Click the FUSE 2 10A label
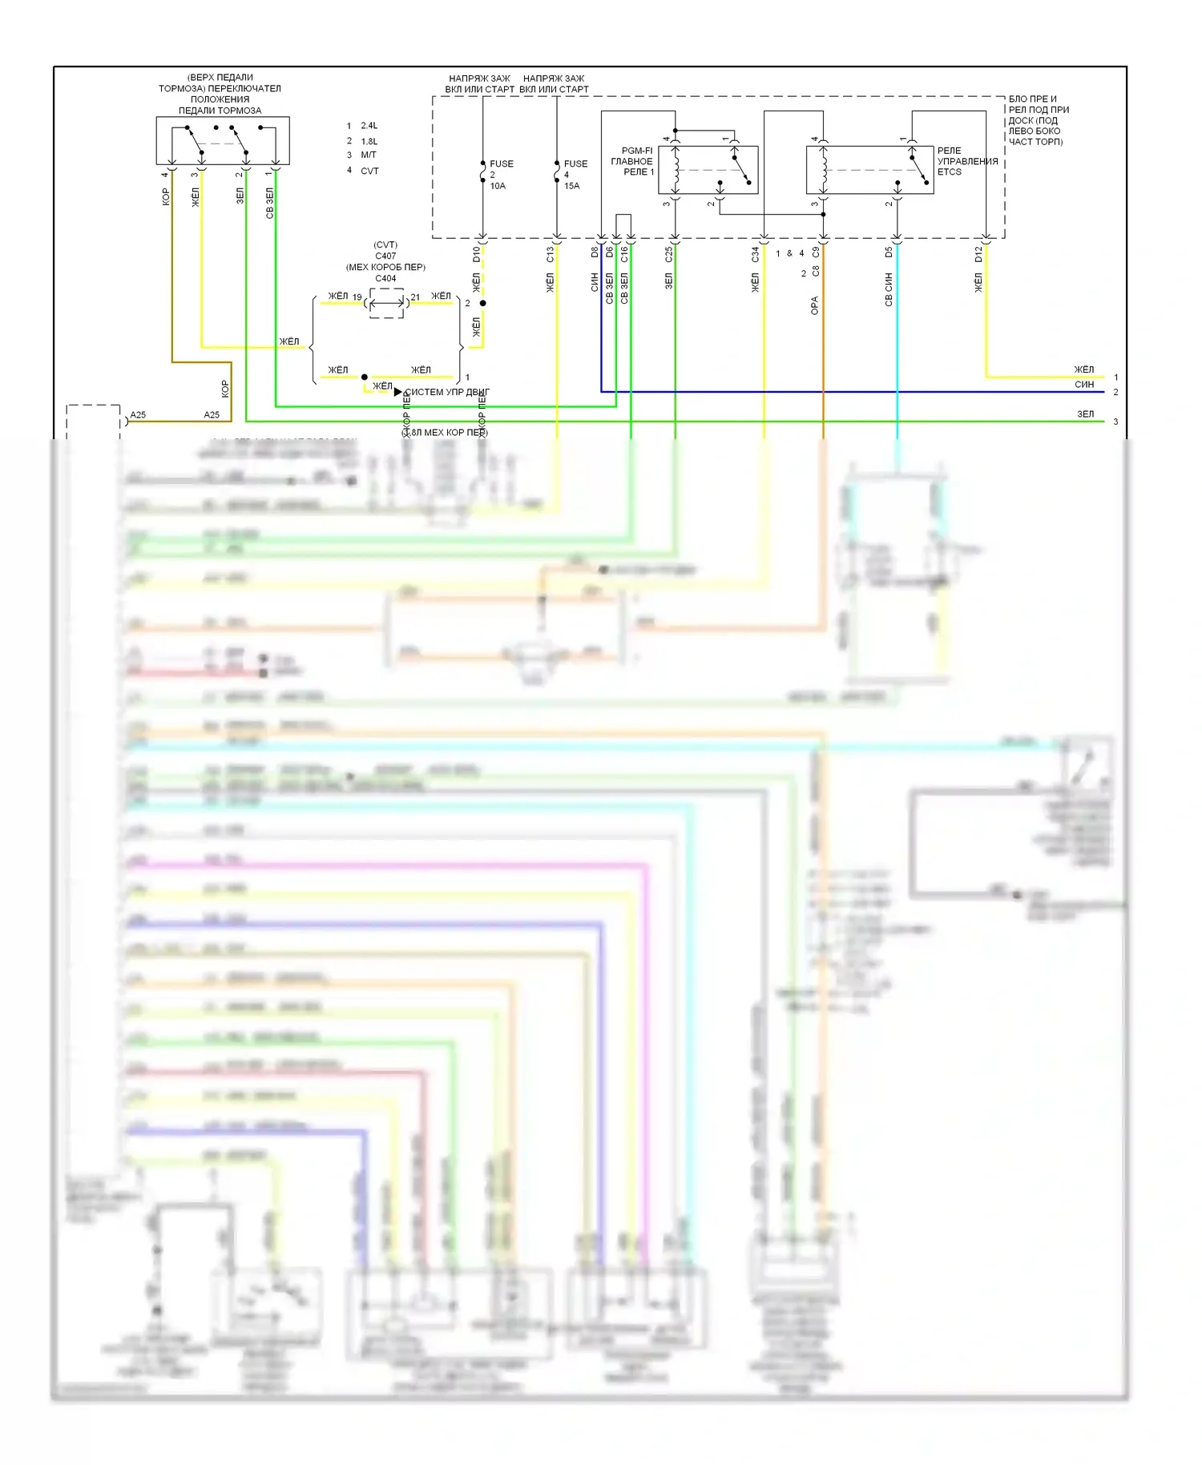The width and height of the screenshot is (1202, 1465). [500, 175]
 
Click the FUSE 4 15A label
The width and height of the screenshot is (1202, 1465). [574, 175]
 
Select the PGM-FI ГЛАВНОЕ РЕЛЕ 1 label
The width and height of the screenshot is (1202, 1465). [634, 161]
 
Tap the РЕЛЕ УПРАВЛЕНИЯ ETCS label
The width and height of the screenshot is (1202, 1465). [966, 161]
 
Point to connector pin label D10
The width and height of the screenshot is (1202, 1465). [477, 254]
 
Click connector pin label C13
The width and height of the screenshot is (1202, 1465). [551, 254]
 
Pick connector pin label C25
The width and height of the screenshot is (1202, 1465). [669, 254]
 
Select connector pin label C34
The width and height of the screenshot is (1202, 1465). [755, 254]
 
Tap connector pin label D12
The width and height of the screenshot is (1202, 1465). [978, 254]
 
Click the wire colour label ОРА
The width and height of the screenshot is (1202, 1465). [815, 305]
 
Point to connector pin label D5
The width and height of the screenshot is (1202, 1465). [889, 252]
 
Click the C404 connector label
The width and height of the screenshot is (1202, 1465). [385, 279]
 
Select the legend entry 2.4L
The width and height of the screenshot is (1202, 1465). [369, 126]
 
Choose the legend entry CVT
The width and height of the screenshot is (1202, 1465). [369, 171]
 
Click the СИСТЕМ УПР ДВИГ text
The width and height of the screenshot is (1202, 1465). [447, 392]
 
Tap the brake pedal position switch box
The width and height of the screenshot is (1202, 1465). [223, 140]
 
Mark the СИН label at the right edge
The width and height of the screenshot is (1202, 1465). [1084, 385]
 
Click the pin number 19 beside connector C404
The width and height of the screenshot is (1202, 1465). [357, 297]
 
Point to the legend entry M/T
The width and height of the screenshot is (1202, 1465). [369, 155]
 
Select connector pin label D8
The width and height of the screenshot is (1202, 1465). [595, 252]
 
